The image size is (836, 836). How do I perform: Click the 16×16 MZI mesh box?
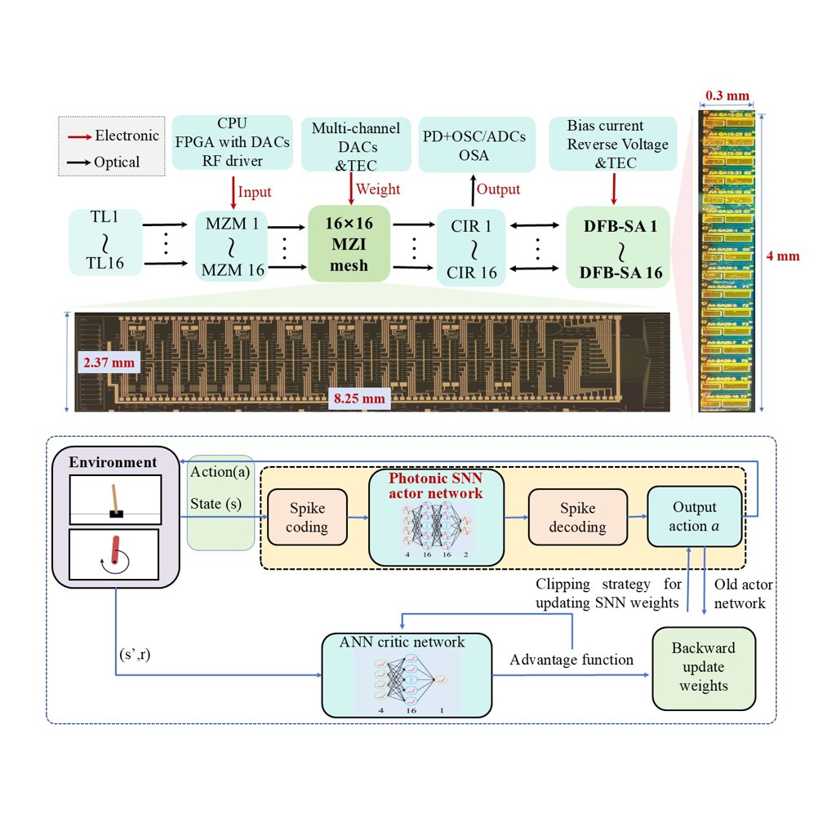click(349, 242)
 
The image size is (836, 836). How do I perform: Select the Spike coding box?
click(306, 518)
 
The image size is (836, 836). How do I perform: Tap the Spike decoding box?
click(578, 518)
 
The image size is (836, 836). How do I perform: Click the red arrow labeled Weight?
click(352, 189)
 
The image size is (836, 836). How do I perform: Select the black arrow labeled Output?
click(470, 189)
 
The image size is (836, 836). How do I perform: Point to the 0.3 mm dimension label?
click(726, 96)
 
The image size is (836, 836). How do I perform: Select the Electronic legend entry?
click(114, 136)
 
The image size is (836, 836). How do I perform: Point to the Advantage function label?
click(571, 659)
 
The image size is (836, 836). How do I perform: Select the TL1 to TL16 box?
click(105, 242)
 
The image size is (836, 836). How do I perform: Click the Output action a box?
click(694, 518)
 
